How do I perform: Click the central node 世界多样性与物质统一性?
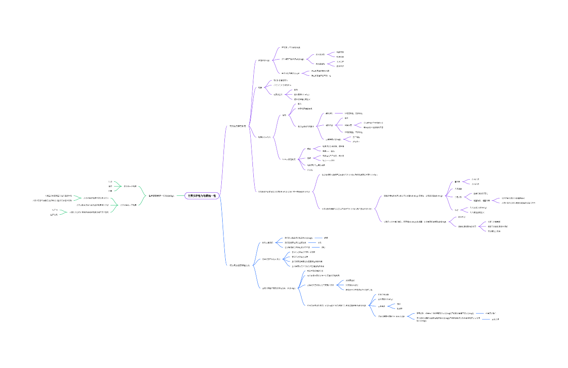(x=202, y=196)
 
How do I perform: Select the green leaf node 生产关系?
(x=54, y=215)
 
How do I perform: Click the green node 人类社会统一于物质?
(x=129, y=205)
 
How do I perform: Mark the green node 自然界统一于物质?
(x=130, y=186)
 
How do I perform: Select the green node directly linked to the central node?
(x=162, y=196)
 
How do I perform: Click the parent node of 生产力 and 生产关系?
(x=89, y=212)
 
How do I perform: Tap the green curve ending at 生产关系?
(x=61, y=214)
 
